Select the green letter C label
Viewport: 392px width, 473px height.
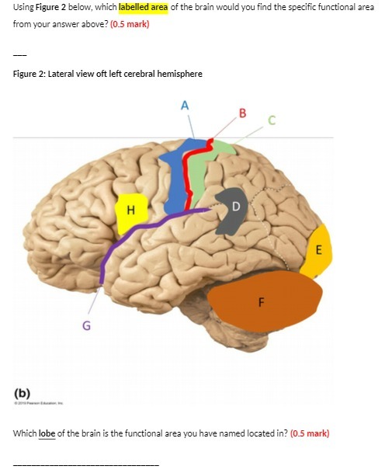[x=272, y=120]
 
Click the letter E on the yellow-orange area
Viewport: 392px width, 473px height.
[x=318, y=249]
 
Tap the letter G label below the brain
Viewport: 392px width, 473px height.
[x=86, y=326]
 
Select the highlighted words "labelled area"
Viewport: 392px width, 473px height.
[x=140, y=7]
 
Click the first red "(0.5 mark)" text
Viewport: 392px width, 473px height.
[x=130, y=24]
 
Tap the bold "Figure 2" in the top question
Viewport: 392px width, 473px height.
[x=53, y=7]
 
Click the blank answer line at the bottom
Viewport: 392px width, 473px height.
[x=85, y=464]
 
